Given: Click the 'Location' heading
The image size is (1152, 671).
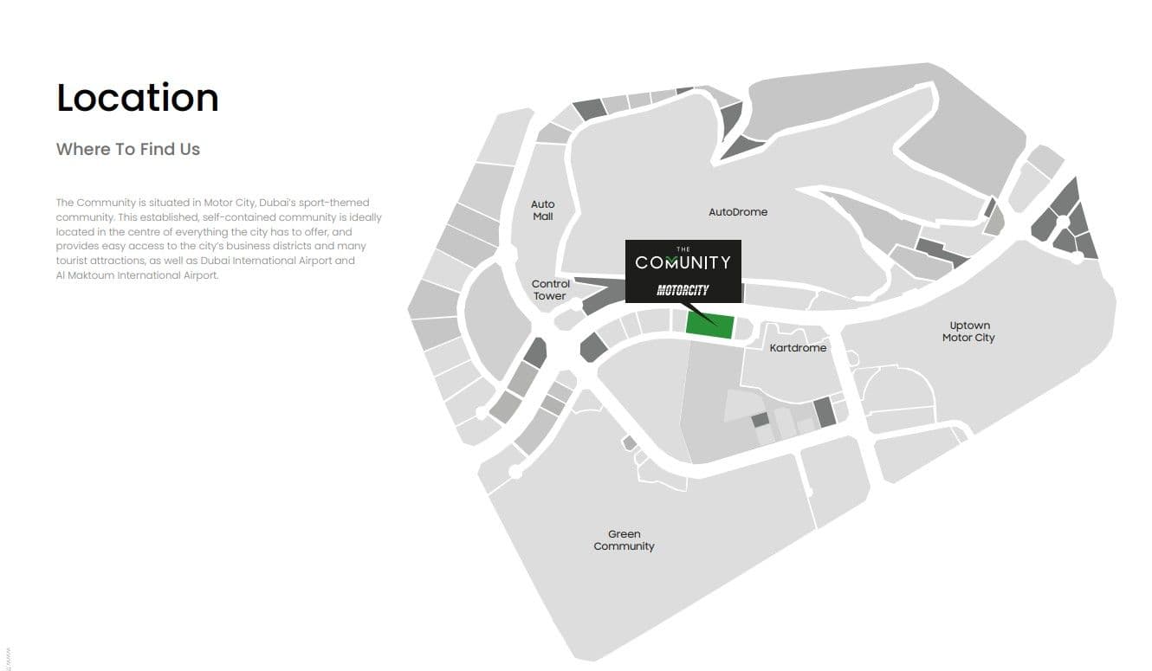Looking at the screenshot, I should (x=137, y=98).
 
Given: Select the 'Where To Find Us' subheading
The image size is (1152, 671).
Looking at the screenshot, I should (x=128, y=149).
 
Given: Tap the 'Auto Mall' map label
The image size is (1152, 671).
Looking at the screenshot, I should (x=543, y=210).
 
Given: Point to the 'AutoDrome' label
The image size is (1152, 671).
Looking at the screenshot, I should (x=738, y=212).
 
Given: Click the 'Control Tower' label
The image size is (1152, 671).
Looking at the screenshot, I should (x=550, y=290).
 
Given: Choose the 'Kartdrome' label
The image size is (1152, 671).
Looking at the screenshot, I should (x=798, y=348).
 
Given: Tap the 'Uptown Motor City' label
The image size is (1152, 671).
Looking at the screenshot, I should (x=968, y=332).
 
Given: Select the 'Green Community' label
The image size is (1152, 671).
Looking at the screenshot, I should (x=624, y=540).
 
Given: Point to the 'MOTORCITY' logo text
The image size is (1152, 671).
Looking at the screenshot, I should (x=683, y=290).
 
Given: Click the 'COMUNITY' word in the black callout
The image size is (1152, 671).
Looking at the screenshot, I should (x=683, y=262).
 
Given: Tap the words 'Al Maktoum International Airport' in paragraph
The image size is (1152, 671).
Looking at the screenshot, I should (x=137, y=275).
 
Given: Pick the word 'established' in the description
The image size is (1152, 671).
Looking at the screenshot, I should (x=171, y=217).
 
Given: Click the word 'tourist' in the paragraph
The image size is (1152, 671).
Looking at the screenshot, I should (x=73, y=261).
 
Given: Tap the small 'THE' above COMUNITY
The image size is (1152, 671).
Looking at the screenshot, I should (x=683, y=249).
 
